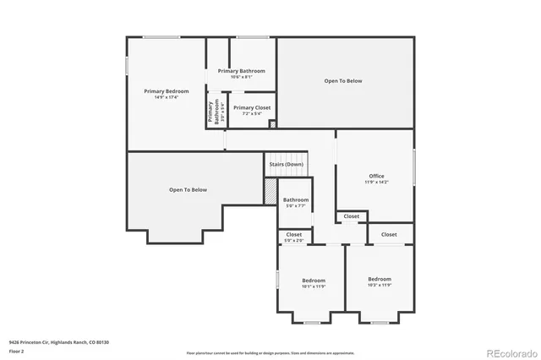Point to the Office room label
376,176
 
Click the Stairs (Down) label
286,164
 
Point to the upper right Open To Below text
343,81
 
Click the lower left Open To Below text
188,189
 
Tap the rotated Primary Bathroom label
216,113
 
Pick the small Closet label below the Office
351,216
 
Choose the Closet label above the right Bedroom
389,234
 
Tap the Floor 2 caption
16,351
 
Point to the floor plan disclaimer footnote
270,352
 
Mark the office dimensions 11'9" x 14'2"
376,182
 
